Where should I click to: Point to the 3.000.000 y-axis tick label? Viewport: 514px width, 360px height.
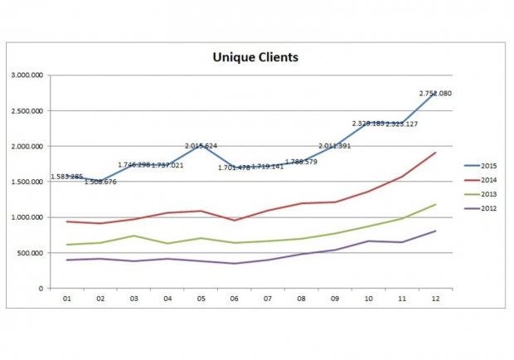(x=27, y=75)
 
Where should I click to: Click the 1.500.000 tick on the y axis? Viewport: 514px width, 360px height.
(x=27, y=182)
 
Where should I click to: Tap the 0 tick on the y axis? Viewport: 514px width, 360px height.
(x=41, y=289)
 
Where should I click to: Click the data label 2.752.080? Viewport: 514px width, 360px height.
(x=434, y=94)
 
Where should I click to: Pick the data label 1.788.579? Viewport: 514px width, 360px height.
(x=301, y=162)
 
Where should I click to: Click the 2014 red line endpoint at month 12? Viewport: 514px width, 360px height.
(x=435, y=153)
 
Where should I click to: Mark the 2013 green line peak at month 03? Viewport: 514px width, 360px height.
(x=133, y=236)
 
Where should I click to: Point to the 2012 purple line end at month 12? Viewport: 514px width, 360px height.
(x=435, y=231)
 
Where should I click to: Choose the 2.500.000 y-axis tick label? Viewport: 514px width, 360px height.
(x=27, y=111)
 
